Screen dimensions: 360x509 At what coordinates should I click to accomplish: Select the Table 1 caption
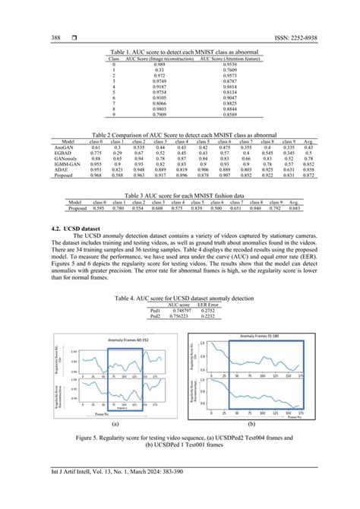(x=180, y=52)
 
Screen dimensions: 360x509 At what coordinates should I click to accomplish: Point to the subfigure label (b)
(x=251, y=424)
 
